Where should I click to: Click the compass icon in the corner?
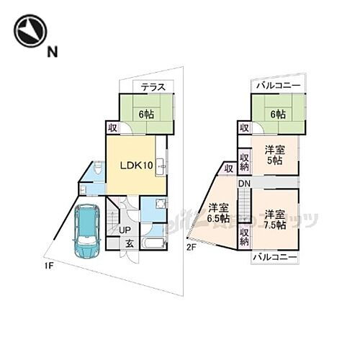pos(30,31)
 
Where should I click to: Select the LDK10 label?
pos(135,165)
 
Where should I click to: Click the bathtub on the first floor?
pos(154,241)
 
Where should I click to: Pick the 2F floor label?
pos(192,247)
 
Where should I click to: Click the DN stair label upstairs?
pos(244,184)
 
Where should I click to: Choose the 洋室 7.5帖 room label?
pos(274,219)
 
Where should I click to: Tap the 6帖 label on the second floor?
pos(278,114)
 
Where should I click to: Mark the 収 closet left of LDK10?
pos(113,127)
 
